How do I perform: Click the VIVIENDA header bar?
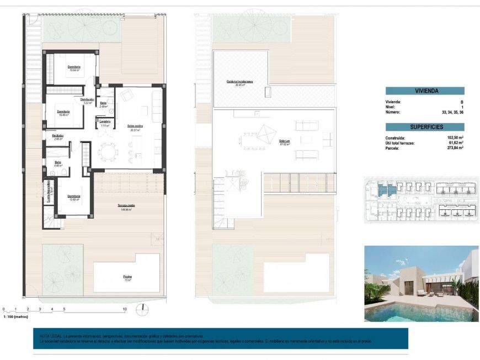pos(424,91)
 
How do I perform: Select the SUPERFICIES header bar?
pos(424,127)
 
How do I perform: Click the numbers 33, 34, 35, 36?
pos(452,112)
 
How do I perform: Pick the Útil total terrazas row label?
pos(402,142)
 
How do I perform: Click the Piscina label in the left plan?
pos(127,277)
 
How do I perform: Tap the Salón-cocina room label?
pos(135,126)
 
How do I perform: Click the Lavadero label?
pos(104,121)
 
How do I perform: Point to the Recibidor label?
pos(58,136)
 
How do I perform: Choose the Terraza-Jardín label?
pos(126,205)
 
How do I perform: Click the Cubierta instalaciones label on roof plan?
pos(239,82)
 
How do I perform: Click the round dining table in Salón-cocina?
pos(108,150)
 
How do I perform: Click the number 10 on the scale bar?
pos(125,309)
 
